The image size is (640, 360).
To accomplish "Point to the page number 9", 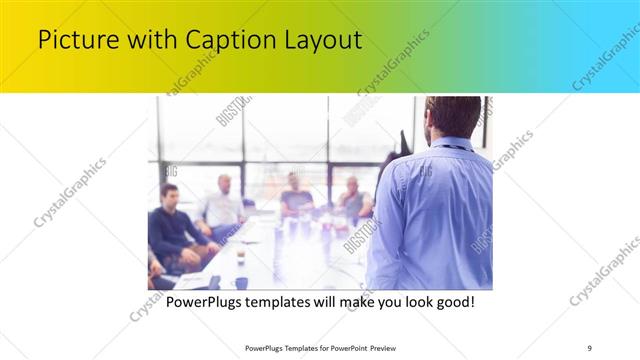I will pyautogui.click(x=589, y=348).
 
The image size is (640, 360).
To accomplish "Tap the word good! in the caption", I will pyautogui.click(x=451, y=301).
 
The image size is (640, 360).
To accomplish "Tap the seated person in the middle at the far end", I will pyautogui.click(x=295, y=195).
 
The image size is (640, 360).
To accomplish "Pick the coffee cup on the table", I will pyautogui.click(x=241, y=257).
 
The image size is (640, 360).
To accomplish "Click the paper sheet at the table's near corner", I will pyautogui.click(x=190, y=280).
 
